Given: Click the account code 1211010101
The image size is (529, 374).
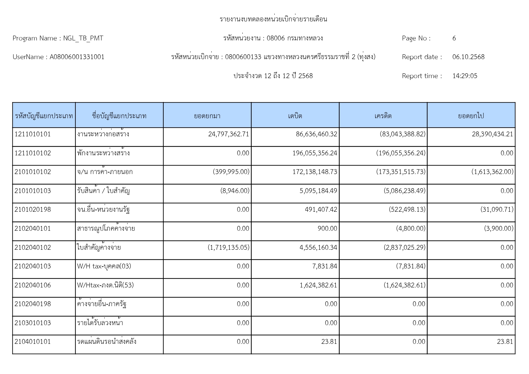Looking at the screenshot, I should [x=33, y=134].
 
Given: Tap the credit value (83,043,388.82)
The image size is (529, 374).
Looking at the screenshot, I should [x=402, y=134].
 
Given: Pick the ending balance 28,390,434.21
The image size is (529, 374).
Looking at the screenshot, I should [x=492, y=134].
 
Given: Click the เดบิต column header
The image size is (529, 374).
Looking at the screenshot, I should [x=295, y=116].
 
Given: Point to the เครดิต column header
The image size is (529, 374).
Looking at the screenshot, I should [x=383, y=116].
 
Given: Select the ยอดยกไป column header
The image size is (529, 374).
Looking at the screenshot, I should [x=471, y=116].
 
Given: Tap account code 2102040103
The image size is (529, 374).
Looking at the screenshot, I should [x=33, y=266].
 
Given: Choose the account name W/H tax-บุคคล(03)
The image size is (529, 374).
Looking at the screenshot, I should [x=104, y=266].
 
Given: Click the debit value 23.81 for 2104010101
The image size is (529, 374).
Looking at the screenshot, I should [x=329, y=342].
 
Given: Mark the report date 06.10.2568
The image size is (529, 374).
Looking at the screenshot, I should [x=468, y=57].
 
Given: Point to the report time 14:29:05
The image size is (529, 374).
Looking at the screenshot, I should [x=464, y=76].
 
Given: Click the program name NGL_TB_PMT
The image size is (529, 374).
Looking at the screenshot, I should [x=83, y=38].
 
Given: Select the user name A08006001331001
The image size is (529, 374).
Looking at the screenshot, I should [x=77, y=57].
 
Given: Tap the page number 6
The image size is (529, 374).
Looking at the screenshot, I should [x=454, y=38].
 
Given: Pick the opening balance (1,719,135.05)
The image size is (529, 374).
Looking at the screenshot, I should [x=228, y=248].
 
